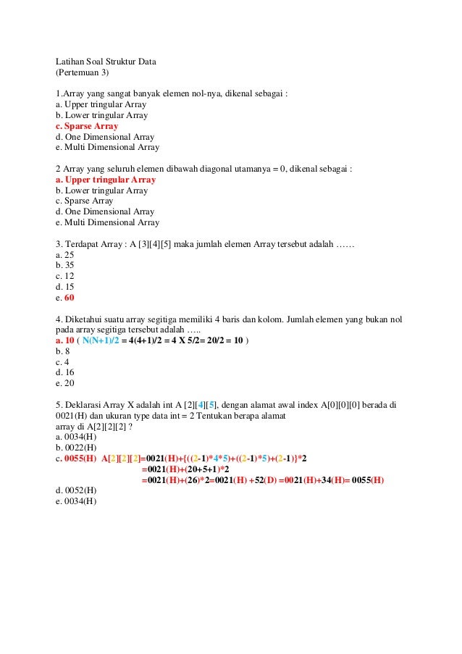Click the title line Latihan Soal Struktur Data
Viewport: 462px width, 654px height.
click(x=106, y=62)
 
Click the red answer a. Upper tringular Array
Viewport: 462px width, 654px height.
click(x=106, y=180)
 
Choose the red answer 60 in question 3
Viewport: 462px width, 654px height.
click(x=69, y=298)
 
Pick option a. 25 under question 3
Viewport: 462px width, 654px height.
click(x=64, y=255)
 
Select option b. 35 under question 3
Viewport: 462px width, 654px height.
click(x=64, y=266)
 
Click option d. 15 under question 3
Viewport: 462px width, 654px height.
click(x=64, y=287)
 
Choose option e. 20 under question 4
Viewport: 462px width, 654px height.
click(x=64, y=383)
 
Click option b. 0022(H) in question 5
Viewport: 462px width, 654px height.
click(x=75, y=448)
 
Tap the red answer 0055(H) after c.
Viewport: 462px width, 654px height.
click(x=80, y=458)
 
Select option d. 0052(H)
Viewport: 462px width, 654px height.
click(x=75, y=490)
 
